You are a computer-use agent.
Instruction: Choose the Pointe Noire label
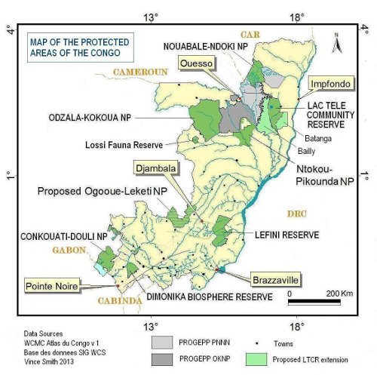click(54, 286)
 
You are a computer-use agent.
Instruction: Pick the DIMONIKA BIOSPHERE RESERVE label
click(192, 297)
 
